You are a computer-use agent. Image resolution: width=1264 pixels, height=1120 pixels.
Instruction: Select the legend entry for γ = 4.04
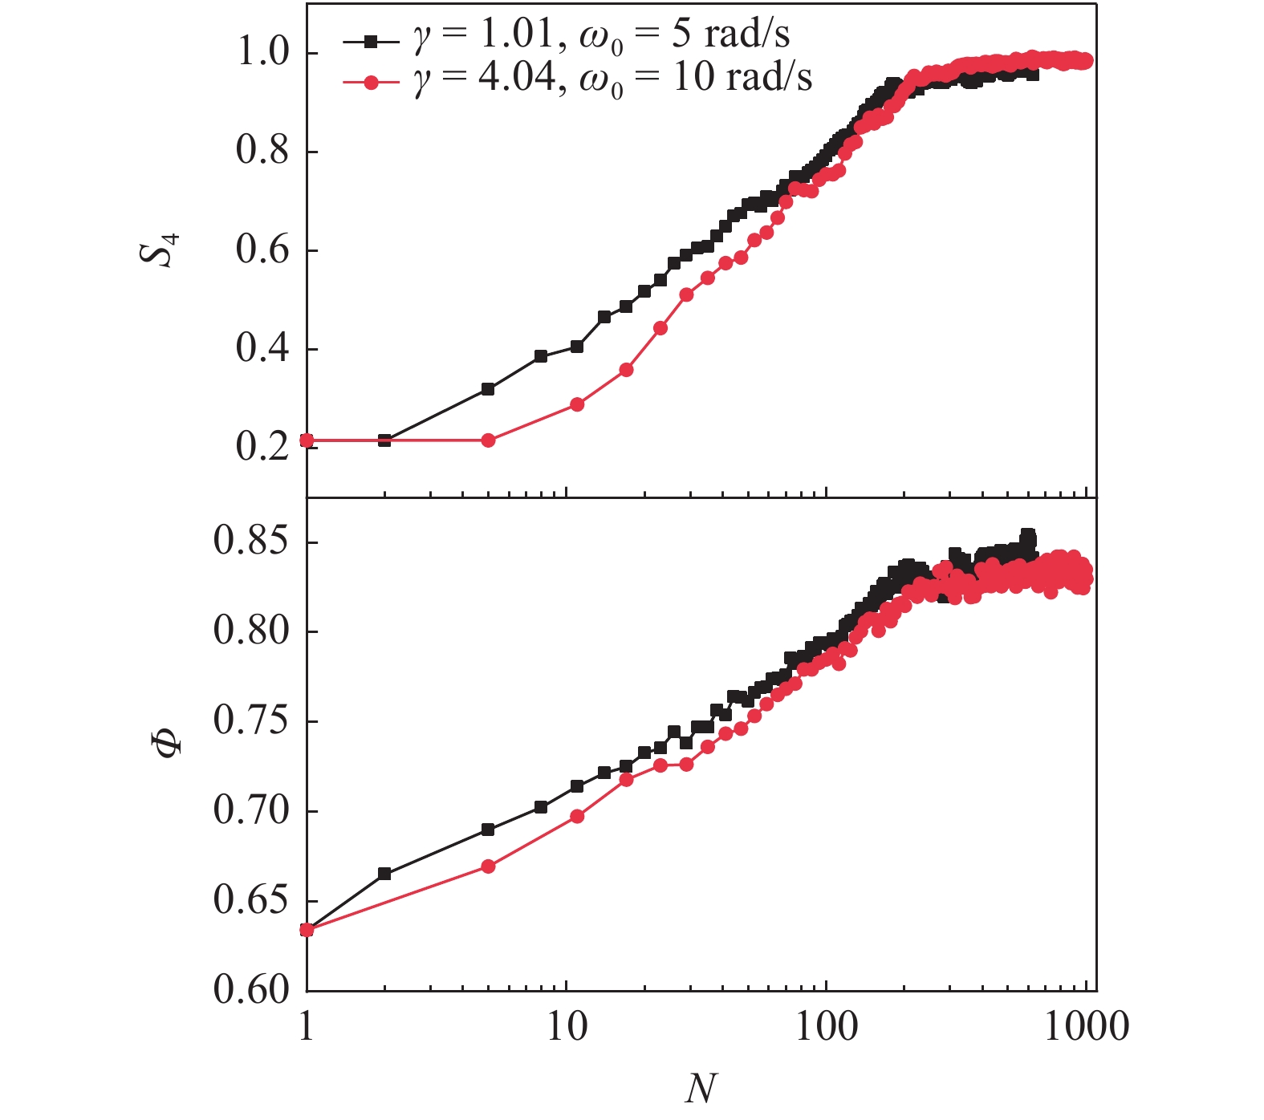tap(577, 79)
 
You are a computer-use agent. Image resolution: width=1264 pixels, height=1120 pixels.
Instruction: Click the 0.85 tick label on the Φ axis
tap(250, 542)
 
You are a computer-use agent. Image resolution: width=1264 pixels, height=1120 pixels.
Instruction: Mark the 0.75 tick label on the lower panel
tap(250, 720)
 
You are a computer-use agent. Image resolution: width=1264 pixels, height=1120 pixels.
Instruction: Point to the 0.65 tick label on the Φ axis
tap(250, 900)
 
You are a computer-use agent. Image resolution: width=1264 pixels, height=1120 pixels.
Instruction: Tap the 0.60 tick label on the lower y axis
tap(250, 990)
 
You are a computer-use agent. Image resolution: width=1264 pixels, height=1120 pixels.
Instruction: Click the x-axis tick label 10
tap(567, 1027)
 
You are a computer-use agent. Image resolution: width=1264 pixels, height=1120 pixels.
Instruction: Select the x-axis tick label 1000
tap(1086, 1027)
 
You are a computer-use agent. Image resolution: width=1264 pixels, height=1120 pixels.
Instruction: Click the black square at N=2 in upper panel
tap(384, 440)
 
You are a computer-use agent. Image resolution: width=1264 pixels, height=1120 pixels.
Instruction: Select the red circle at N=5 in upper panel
tap(488, 440)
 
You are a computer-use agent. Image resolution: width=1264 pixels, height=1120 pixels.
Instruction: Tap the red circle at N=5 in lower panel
tap(488, 866)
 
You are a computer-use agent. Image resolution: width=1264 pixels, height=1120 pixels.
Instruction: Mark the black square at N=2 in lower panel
tap(384, 874)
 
